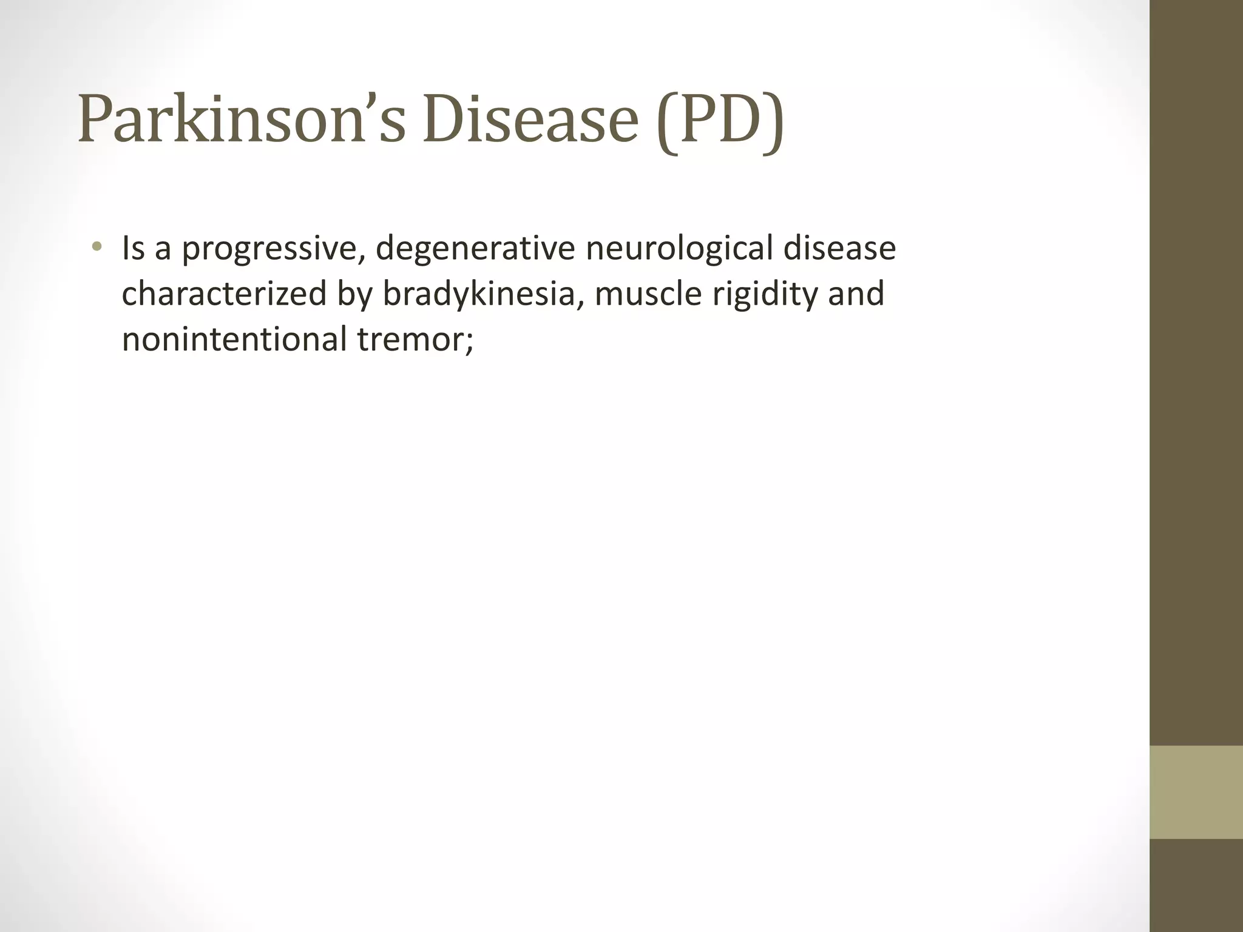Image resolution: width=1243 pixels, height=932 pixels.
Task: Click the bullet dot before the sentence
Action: coord(96,248)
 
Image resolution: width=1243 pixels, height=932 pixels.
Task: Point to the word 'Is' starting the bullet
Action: coord(134,249)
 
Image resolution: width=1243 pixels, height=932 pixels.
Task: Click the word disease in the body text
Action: coord(839,249)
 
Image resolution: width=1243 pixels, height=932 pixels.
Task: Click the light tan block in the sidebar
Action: coord(1196,792)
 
